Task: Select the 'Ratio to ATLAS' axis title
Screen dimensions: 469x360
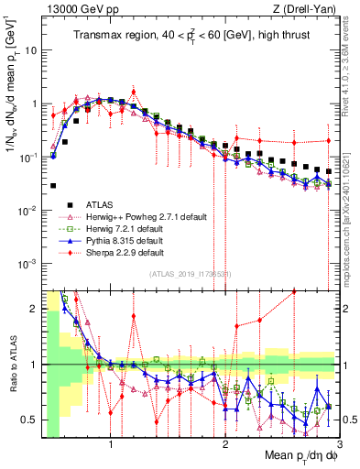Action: tap(12, 365)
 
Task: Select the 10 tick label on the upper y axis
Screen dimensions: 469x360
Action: tap(31, 50)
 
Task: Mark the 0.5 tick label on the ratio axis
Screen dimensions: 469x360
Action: tap(30, 420)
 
